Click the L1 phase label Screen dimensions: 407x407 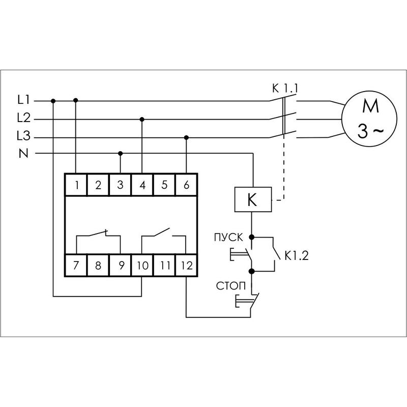(24, 100)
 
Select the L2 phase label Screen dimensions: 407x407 (24, 119)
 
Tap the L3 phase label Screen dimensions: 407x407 (24, 137)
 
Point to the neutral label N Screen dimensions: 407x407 (23, 153)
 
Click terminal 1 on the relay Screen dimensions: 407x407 (76, 185)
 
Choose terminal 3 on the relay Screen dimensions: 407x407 (120, 185)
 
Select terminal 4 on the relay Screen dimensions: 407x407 (142, 185)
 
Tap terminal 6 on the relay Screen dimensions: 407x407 (186, 185)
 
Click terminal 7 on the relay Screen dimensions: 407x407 (76, 265)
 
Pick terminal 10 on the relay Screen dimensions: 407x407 (142, 265)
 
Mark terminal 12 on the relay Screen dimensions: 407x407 (186, 265)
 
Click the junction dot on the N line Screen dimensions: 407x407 (120, 153)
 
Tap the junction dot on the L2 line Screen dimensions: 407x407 (142, 119)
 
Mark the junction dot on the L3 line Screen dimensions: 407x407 (186, 137)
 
